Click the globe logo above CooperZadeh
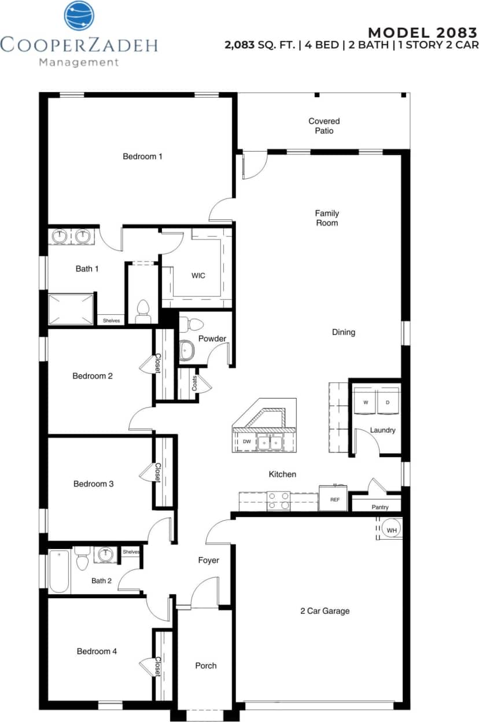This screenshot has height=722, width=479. tap(79, 16)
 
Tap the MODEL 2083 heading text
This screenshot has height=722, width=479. tap(423, 32)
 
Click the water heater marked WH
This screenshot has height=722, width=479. tap(391, 530)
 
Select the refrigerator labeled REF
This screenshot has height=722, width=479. tap(334, 499)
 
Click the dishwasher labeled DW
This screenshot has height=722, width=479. tap(246, 442)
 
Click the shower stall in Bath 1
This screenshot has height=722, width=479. tap(71, 309)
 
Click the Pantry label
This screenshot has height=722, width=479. tap(380, 507)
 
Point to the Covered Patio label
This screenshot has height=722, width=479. tap(324, 126)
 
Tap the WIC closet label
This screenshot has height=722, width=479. tap(198, 275)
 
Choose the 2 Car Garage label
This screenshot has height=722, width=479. tap(325, 611)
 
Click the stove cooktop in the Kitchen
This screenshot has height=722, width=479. tap(278, 501)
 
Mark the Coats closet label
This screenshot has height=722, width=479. tap(194, 383)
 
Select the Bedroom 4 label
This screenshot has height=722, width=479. tap(97, 651)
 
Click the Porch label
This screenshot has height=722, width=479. tap(205, 666)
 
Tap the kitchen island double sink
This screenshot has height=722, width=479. tap(270, 442)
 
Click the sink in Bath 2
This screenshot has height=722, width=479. tap(105, 555)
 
